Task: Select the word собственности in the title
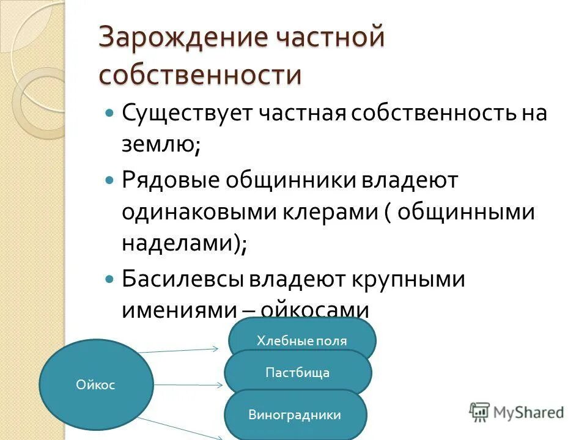[201, 75]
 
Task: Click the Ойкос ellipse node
[96, 385]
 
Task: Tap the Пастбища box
[298, 373]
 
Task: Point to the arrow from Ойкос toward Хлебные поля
[177, 351]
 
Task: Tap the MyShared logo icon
[480, 412]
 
